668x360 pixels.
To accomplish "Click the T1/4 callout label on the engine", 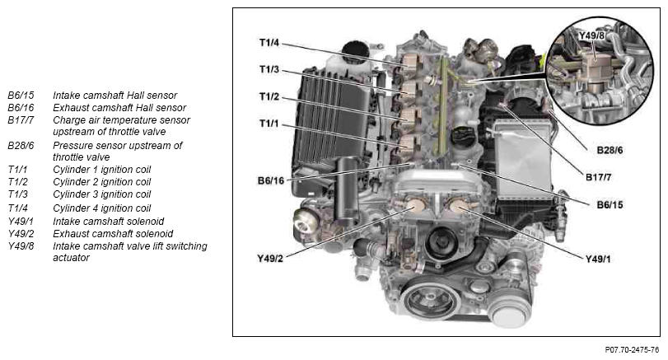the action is point(269,43).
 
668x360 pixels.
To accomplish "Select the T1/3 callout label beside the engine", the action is point(269,69).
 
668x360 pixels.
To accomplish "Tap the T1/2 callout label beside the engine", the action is point(269,96).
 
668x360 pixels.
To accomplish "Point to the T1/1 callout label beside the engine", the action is point(269,124).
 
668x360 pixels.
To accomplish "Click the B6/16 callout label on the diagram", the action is point(270,180).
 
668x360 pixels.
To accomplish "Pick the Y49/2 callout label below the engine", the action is point(270,259).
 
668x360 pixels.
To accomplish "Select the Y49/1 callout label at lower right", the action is point(598,259).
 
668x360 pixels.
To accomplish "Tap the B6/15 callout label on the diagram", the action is point(610,205).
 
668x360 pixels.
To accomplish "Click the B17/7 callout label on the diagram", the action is point(598,177).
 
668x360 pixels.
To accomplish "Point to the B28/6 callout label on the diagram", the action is point(610,150).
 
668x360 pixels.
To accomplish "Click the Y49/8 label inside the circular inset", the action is point(591,35).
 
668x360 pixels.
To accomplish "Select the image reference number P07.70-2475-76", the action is point(632,350).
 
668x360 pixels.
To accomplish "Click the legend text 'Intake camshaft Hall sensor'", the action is point(115,96).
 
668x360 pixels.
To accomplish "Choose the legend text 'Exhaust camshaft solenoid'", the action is point(113,234).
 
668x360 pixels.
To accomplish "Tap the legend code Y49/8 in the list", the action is point(21,246).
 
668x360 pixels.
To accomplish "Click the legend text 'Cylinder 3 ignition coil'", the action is point(102,194).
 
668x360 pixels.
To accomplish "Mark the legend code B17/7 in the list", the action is point(21,120).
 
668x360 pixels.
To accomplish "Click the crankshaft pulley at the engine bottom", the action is point(429,301).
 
